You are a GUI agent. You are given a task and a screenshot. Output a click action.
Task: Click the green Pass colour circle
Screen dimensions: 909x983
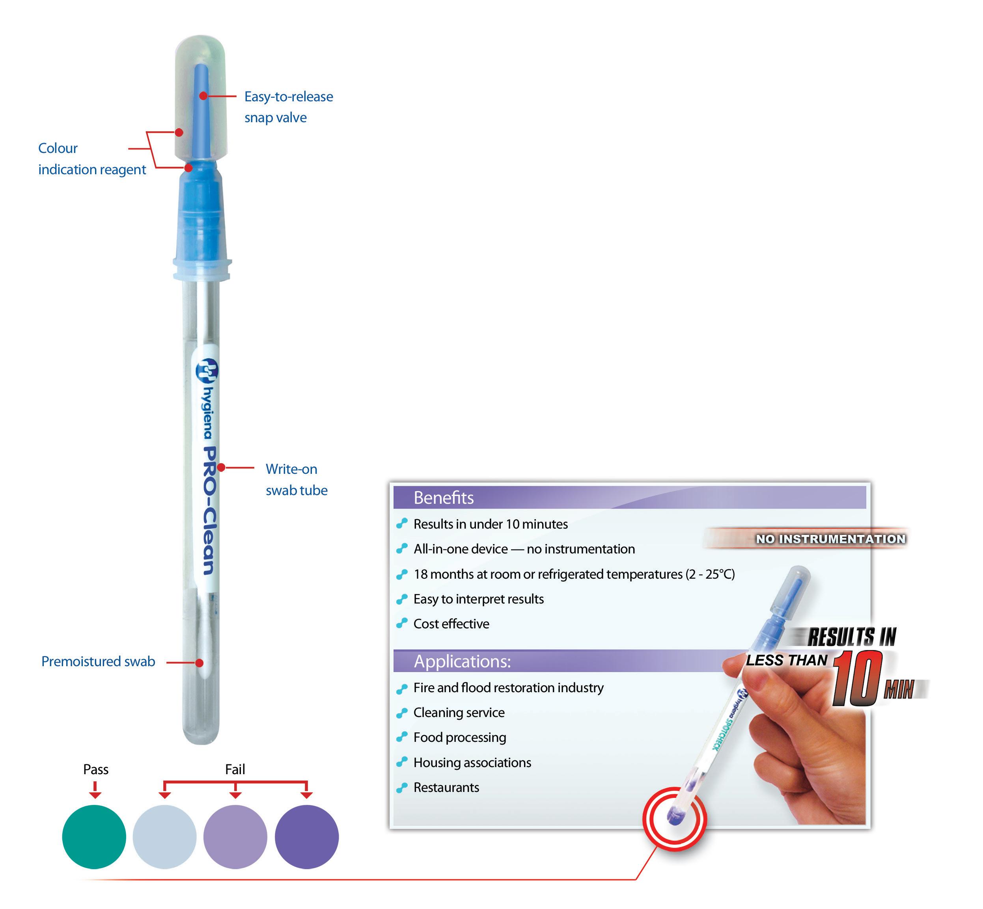(94, 837)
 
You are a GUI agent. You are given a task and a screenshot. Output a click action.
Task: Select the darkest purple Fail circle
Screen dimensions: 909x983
(306, 837)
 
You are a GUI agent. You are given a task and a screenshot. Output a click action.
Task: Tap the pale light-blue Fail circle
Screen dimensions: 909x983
(164, 837)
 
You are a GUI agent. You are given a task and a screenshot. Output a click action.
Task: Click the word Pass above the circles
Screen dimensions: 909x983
(95, 769)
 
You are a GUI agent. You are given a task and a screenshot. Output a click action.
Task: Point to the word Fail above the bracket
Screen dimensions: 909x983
(235, 769)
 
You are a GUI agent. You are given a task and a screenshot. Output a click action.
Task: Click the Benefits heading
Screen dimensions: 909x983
(443, 498)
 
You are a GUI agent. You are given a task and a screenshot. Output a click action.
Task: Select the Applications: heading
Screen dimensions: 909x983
(462, 661)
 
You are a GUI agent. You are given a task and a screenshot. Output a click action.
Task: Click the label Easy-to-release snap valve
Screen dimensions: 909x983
(288, 107)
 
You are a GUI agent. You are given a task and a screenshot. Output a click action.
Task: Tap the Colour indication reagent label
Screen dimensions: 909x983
(91, 158)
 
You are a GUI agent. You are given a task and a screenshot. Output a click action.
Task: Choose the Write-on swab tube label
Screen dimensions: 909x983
(296, 480)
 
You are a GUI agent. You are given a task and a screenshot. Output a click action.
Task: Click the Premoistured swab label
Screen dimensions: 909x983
(98, 661)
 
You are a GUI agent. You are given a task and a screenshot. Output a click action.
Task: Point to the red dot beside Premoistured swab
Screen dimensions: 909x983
(199, 663)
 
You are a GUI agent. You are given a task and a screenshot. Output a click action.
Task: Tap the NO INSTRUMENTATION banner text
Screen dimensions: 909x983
(830, 539)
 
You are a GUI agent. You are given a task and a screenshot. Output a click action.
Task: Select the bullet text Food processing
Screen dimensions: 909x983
(459, 738)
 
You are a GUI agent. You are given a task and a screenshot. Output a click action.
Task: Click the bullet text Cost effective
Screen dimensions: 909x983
(451, 624)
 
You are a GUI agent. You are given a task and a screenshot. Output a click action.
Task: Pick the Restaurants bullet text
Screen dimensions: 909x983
(446, 788)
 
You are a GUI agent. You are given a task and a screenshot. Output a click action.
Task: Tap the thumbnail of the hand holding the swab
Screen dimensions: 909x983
(807, 738)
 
